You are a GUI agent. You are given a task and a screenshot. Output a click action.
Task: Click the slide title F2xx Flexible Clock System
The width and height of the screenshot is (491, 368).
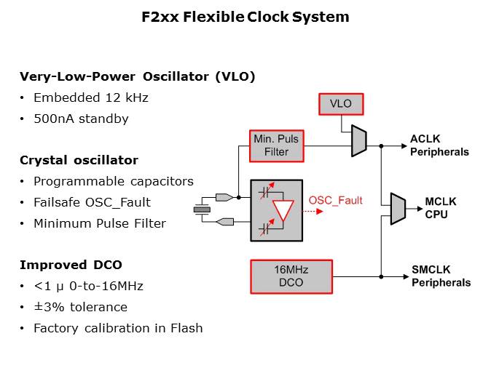coord(245,17)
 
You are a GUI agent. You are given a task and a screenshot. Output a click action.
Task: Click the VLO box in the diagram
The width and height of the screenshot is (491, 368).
coord(341,104)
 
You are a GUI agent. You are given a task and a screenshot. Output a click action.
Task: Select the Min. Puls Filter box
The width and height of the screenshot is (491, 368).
coord(276,145)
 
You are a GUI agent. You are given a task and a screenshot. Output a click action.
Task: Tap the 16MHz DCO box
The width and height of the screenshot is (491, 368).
coord(291,276)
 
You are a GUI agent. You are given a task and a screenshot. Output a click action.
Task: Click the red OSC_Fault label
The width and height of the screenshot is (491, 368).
coord(336,200)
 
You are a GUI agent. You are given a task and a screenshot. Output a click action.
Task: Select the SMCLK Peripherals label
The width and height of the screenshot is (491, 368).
coord(441,276)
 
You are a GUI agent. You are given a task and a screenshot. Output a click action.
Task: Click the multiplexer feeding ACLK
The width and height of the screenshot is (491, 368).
coord(359,140)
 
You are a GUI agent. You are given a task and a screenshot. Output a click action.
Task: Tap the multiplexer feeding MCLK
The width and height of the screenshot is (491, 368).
coord(398,209)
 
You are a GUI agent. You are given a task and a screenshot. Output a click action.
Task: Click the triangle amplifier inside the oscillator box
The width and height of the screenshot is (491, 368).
coord(280,211)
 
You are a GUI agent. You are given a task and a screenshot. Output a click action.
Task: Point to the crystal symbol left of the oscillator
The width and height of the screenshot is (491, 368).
coord(201,209)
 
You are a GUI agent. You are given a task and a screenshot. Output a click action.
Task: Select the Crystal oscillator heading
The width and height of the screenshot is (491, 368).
coord(79,160)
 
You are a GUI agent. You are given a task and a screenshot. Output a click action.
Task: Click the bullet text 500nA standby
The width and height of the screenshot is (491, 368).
coord(81,119)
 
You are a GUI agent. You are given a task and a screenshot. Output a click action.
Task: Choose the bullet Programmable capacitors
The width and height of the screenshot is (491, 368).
coord(114,181)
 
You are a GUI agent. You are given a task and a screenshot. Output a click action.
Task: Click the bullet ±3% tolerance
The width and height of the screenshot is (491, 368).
coord(80,307)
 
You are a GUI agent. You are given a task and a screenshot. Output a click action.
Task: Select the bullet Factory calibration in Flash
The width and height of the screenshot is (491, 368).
coord(118,328)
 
